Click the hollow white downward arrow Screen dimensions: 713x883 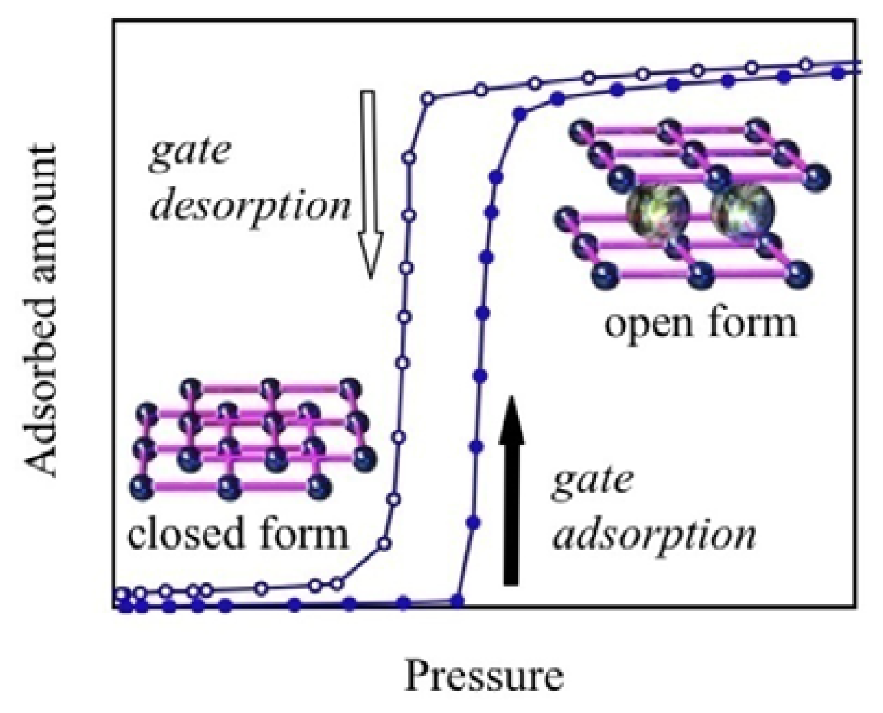[x=369, y=184]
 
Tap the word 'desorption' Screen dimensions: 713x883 [x=251, y=207]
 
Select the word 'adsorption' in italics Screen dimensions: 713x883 [x=654, y=535]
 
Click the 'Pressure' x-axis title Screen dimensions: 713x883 [x=483, y=676]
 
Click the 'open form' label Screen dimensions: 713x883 [x=700, y=323]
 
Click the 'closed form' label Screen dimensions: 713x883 [x=237, y=533]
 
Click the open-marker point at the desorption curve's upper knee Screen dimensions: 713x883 [x=426, y=99]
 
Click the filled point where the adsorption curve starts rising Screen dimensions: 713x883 [x=459, y=600]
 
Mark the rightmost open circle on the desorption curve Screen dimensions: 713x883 [x=806, y=64]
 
